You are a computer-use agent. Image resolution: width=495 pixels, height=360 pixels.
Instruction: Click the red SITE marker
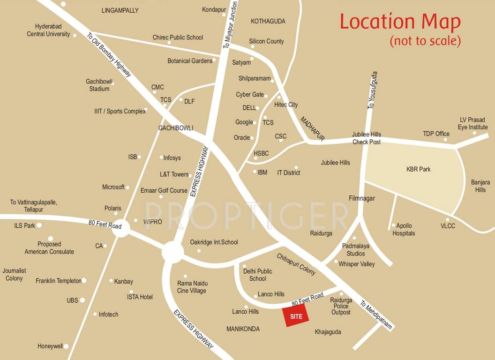(x=296, y=315)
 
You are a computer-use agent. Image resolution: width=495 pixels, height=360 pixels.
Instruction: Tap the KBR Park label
(x=418, y=169)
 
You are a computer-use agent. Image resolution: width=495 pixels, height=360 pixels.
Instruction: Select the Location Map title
(x=400, y=22)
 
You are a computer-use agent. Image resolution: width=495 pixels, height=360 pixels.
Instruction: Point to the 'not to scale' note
(x=425, y=41)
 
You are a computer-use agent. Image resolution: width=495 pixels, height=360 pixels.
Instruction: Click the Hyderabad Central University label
(x=48, y=30)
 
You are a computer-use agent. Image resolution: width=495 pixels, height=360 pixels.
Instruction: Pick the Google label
(x=244, y=122)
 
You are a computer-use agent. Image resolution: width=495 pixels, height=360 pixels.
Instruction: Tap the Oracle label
(x=241, y=138)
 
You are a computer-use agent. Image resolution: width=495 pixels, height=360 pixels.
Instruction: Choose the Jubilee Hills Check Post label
(x=367, y=138)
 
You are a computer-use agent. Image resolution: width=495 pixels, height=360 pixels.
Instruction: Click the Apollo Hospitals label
(x=404, y=230)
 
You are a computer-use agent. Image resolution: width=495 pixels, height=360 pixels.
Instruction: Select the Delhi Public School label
(x=257, y=275)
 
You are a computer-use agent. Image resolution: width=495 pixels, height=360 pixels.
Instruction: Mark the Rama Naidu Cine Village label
(x=192, y=287)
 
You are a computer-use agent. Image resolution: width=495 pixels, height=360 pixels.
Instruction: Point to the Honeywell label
(x=50, y=346)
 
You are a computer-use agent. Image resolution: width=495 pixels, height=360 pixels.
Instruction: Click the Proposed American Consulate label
(x=49, y=248)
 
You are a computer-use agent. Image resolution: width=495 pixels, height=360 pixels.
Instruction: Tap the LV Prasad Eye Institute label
(x=472, y=124)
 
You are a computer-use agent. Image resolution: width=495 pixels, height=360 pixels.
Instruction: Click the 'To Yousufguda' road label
(x=372, y=90)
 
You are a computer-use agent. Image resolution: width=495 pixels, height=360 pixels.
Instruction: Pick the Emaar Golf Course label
(x=164, y=191)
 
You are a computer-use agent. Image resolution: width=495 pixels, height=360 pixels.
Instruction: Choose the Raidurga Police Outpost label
(x=341, y=306)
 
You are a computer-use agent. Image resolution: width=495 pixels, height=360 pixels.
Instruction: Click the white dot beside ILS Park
(x=39, y=225)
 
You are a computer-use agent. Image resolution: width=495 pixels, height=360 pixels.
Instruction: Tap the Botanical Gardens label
(x=190, y=61)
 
